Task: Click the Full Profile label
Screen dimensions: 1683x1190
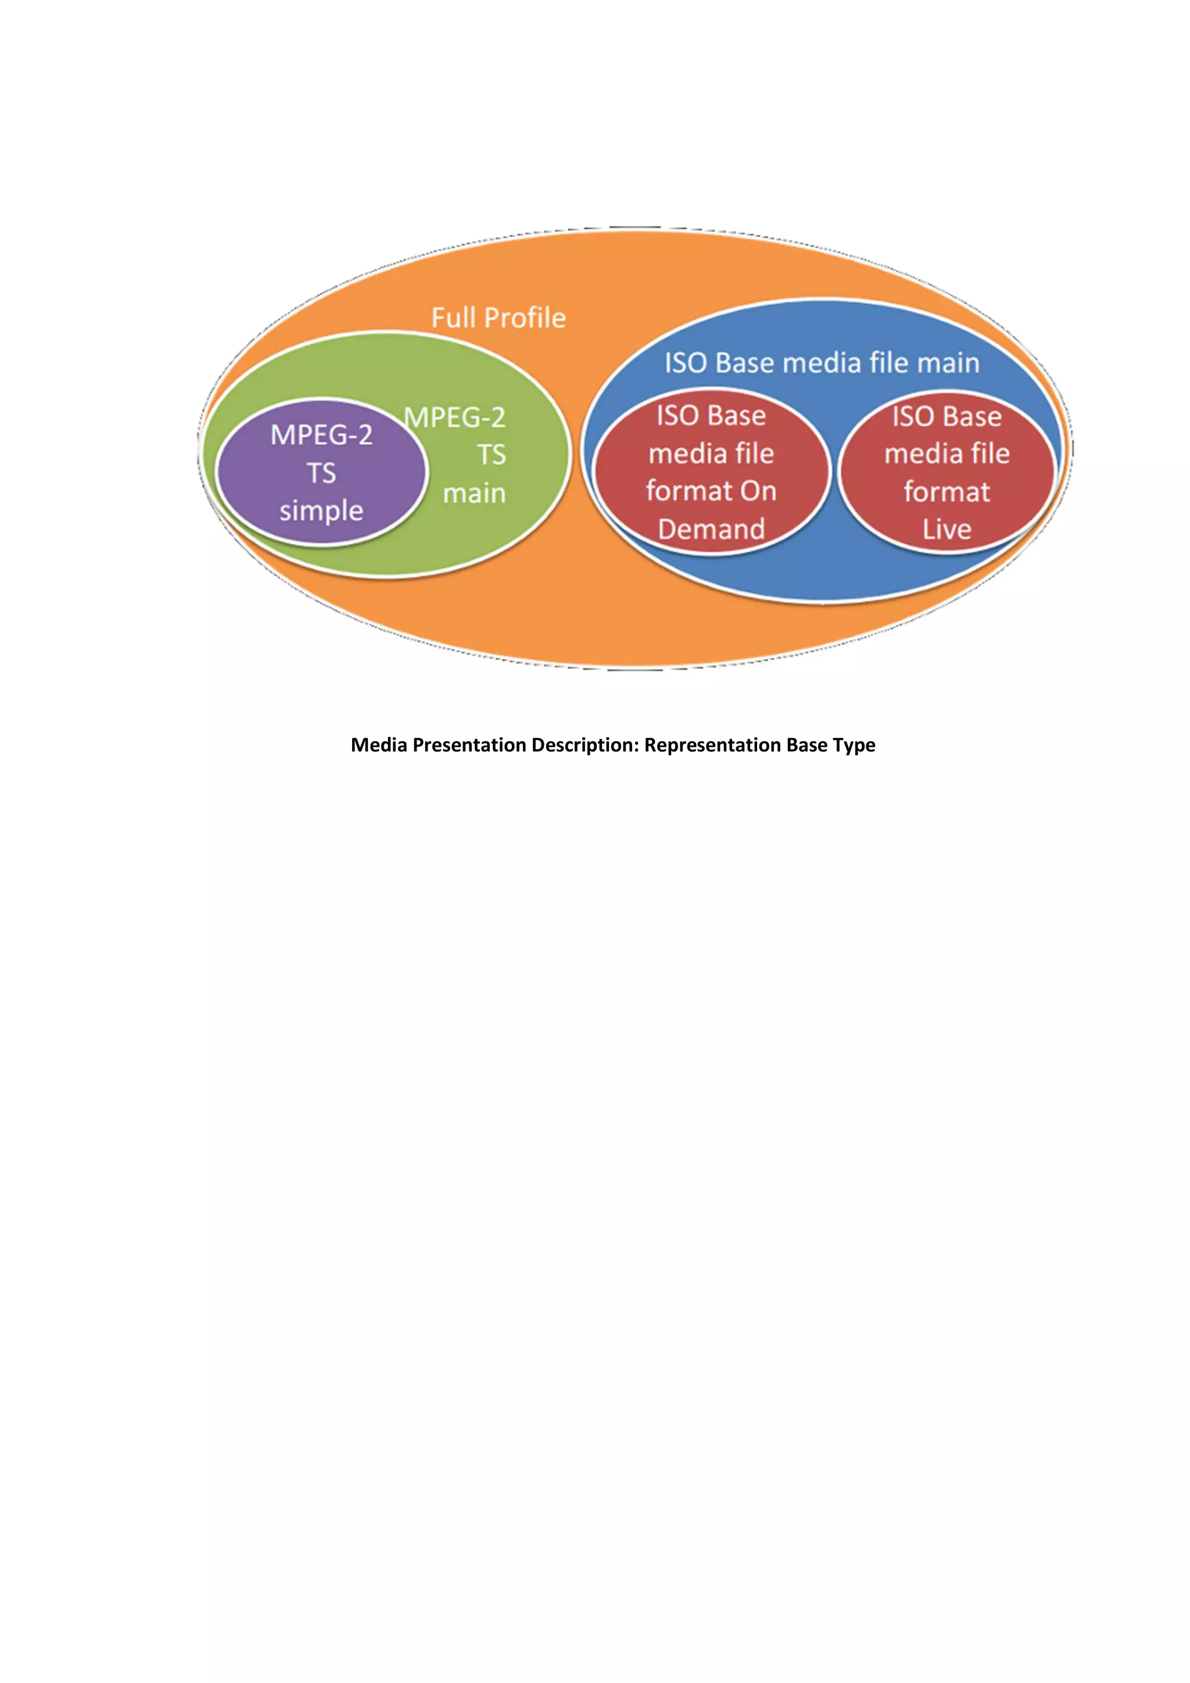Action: (498, 318)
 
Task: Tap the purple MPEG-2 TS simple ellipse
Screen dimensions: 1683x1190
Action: (321, 473)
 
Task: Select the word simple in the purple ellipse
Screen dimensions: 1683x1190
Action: (321, 511)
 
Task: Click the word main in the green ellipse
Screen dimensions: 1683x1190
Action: (474, 493)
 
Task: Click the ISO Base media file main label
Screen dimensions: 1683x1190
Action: (821, 363)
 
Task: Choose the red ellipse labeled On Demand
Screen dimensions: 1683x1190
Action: (711, 473)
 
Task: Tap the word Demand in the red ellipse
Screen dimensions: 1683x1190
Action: (711, 529)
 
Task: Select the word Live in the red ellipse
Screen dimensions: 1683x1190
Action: (947, 529)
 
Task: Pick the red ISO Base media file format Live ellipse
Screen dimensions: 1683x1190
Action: (947, 473)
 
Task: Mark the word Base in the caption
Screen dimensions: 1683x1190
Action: (807, 746)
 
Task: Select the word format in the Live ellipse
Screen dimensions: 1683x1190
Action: (947, 492)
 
